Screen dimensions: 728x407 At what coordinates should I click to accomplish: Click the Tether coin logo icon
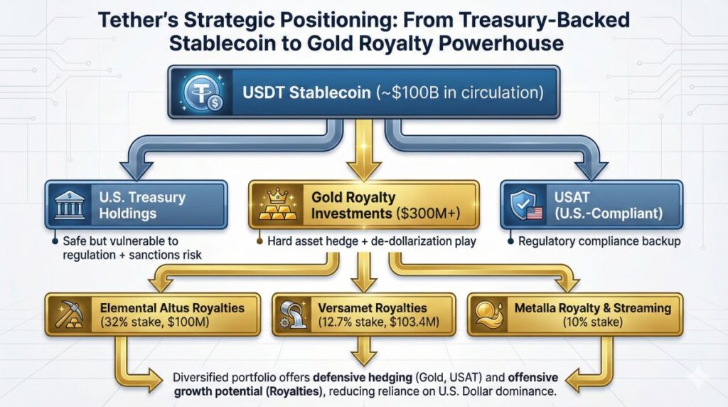pos(203,92)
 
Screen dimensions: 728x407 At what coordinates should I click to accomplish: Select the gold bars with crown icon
pos(278,204)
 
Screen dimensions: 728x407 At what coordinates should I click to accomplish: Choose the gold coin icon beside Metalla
pos(489,314)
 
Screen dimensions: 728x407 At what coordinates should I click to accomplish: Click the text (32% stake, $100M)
pos(154,322)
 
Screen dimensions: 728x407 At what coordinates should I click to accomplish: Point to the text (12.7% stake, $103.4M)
pos(378,322)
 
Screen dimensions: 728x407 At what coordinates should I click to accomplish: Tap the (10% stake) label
pos(592,322)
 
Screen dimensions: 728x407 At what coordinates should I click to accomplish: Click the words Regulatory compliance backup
pos(599,241)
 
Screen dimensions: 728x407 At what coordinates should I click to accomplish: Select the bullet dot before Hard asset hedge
pos(259,241)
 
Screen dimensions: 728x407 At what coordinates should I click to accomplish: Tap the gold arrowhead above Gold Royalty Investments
pos(364,170)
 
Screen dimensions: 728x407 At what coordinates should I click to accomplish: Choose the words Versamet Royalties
pos(373,307)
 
